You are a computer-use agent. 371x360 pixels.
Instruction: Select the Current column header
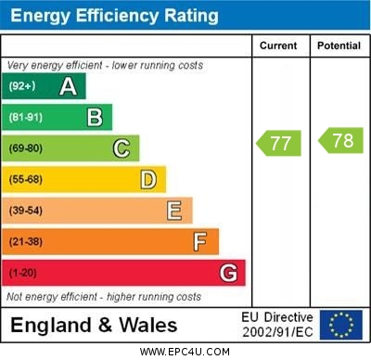coord(278,45)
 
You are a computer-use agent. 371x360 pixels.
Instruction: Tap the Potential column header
coord(339,45)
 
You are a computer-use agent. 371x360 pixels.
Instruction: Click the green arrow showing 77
coord(278,142)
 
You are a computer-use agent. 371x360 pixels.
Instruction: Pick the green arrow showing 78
coord(339,141)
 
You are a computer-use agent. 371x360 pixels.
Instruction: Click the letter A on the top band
coord(68,86)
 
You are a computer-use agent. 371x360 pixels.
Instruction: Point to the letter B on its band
coord(95,117)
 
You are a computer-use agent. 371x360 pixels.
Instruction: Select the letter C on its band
coord(122,148)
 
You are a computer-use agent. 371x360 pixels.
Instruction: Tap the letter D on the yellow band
coord(148,179)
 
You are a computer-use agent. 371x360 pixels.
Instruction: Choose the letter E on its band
coord(174,211)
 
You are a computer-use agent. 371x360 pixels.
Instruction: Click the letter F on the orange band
coord(200,242)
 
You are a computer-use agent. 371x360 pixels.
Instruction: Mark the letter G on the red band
coord(228,273)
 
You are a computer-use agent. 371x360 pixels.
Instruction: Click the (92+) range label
coord(22,86)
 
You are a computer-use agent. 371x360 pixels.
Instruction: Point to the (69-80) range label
coord(26,148)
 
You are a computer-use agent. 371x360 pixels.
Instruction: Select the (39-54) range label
coord(26,211)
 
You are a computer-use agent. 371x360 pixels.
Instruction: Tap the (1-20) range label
coord(22,274)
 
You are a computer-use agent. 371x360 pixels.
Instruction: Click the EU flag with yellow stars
coord(341,324)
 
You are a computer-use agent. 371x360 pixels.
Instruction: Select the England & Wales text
coord(95,325)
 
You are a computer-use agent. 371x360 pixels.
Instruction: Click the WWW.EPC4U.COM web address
coord(185,352)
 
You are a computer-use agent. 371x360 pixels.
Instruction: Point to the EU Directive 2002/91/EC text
coord(277,325)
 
